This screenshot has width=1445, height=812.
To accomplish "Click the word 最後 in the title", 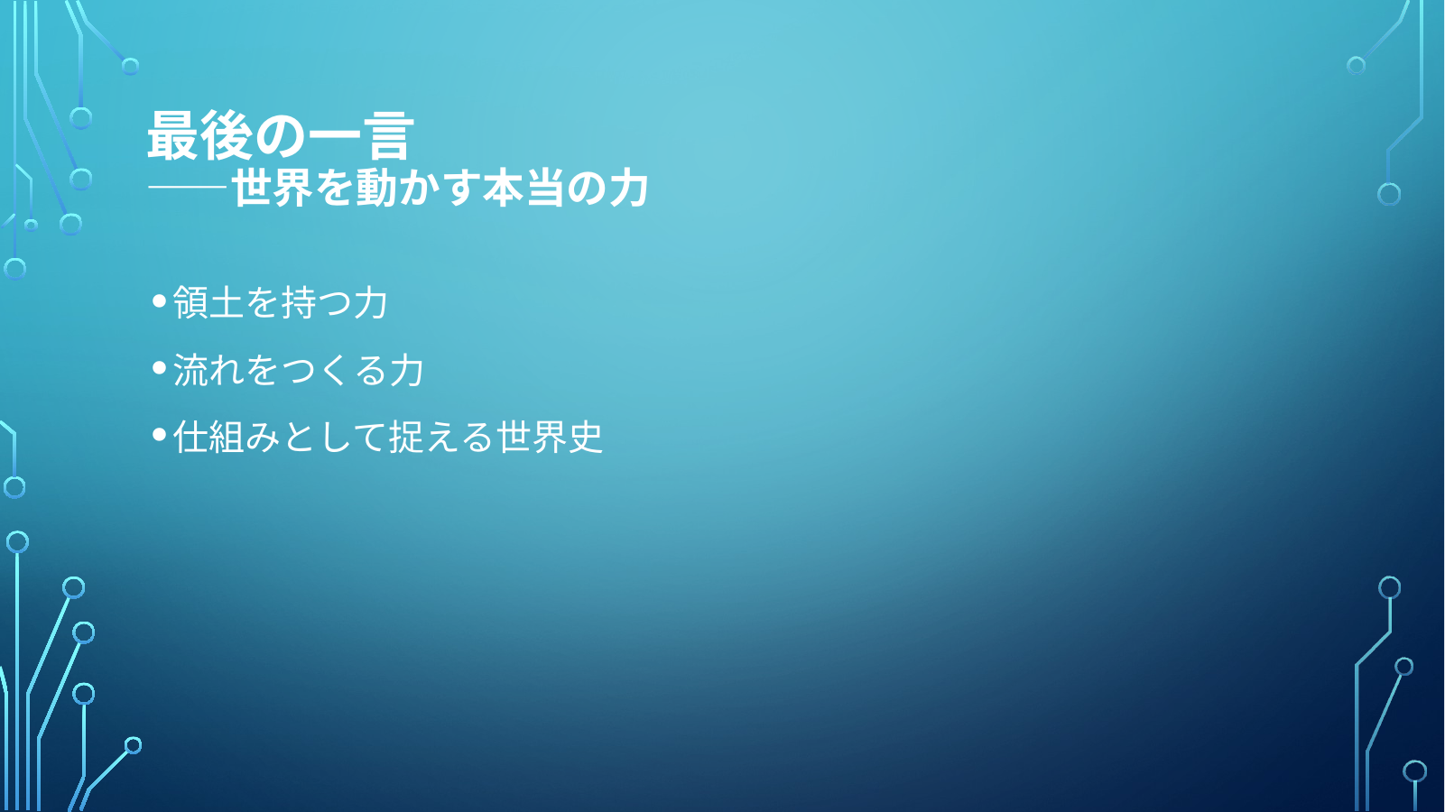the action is click(x=200, y=135).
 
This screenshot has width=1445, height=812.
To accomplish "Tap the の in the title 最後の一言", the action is click(x=281, y=137).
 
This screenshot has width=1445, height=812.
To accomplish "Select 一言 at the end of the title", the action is click(x=361, y=135).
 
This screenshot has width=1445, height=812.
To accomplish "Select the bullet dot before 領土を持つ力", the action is click(x=160, y=300).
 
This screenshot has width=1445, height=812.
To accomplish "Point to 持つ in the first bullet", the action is click(x=316, y=302).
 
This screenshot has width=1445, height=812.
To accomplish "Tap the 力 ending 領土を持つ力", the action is click(x=370, y=302).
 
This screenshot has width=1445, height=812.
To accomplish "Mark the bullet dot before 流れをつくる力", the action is click(x=160, y=368).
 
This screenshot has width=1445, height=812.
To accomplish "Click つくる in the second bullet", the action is click(x=334, y=370).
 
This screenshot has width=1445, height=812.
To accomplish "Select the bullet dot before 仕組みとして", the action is click(x=160, y=435).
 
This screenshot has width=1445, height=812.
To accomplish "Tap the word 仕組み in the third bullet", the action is click(x=227, y=437).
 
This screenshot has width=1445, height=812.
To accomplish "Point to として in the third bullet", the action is click(x=334, y=437).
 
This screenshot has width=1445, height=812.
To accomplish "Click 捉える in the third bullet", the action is click(x=442, y=437).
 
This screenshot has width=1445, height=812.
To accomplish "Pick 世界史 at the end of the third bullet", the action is click(x=550, y=437).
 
